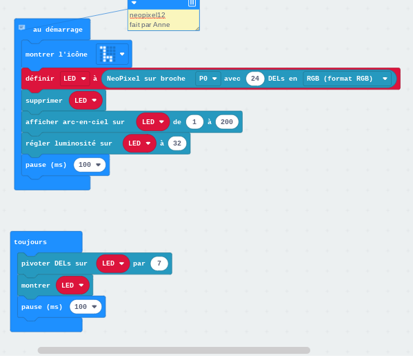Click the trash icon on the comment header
tap(192, 3)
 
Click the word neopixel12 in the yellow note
tap(148, 15)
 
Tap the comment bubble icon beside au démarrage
tap(21, 27)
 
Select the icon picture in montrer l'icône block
tap(108, 54)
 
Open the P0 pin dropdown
tap(208, 79)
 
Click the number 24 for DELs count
tap(255, 79)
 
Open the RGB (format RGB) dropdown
tap(347, 79)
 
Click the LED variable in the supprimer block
tap(85, 101)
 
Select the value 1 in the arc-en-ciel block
tap(194, 122)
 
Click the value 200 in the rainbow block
tap(227, 122)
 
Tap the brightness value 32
tap(177, 143)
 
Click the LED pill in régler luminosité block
tap(139, 143)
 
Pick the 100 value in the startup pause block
tap(90, 165)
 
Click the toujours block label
tap(30, 242)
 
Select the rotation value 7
tap(159, 263)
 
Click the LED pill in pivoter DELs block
tap(113, 263)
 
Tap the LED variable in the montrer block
tap(72, 285)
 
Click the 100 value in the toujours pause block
tap(85, 307)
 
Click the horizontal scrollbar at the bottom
tap(174, 350)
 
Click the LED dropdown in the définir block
tap(74, 79)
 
